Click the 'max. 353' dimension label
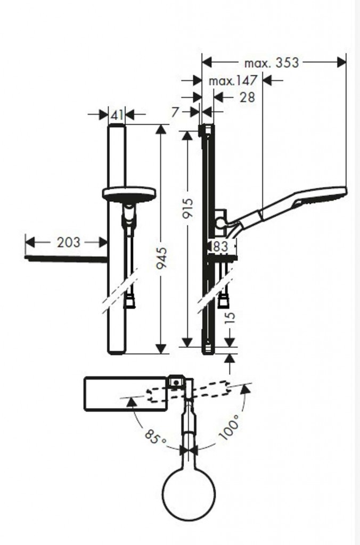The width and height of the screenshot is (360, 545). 271,63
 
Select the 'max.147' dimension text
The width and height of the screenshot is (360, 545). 233,80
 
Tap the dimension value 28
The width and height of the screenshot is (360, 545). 247,97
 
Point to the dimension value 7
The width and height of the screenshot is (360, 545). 178,112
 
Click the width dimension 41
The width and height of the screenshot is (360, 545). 117,114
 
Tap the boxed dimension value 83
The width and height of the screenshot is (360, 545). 220,246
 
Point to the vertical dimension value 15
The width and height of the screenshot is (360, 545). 230,318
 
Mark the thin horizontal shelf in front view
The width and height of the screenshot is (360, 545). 67,259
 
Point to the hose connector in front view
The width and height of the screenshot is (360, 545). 129,302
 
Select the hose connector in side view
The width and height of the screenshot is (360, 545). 224,302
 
